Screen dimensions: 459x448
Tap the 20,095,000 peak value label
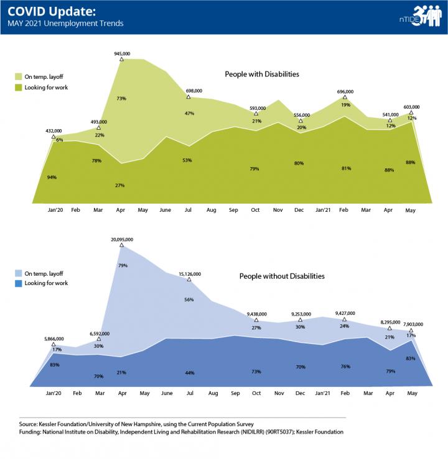point(122,239)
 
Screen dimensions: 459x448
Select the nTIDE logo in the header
point(418,17)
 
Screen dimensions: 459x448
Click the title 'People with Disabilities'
point(262,74)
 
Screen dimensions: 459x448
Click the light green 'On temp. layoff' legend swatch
point(18,76)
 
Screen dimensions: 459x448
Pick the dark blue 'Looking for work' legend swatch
point(18,283)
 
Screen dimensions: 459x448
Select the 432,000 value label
point(53,131)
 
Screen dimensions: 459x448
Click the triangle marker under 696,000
point(345,98)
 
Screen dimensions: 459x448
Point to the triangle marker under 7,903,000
point(411,330)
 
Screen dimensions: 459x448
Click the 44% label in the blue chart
point(188,373)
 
